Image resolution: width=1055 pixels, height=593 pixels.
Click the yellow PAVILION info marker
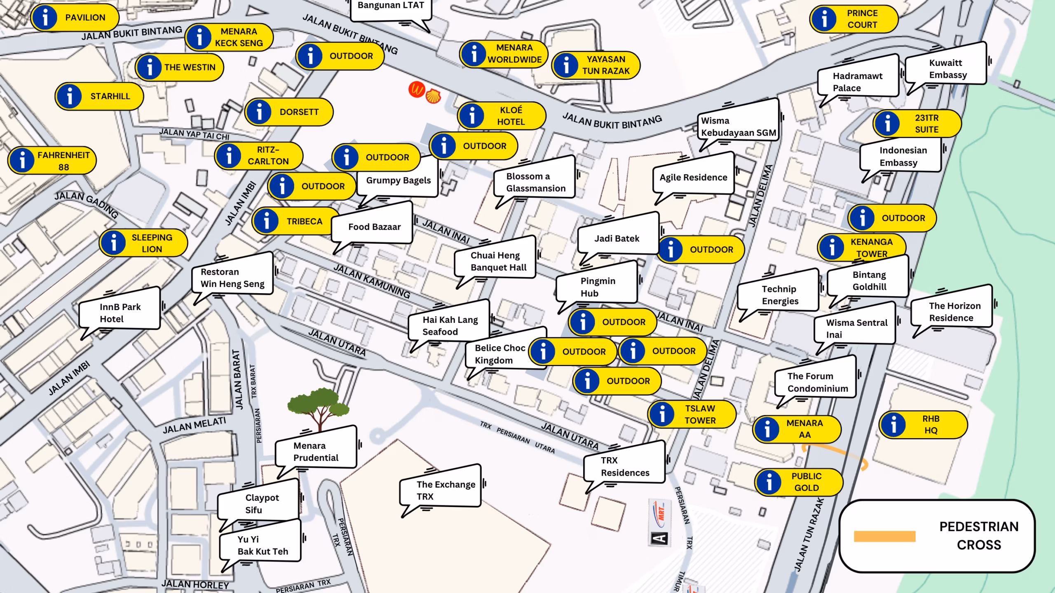(x=75, y=18)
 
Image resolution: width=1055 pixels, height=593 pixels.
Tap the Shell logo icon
(x=433, y=96)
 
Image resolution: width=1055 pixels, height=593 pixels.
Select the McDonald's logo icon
(x=416, y=89)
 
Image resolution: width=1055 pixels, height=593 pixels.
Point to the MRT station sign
(x=659, y=522)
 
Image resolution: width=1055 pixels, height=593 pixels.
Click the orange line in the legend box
(x=884, y=536)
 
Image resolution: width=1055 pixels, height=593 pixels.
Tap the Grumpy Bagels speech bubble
(x=398, y=180)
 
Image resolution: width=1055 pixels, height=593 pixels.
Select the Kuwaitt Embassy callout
(x=947, y=69)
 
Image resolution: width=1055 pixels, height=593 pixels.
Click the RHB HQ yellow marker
(x=923, y=425)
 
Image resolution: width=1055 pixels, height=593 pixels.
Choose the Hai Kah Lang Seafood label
(x=449, y=325)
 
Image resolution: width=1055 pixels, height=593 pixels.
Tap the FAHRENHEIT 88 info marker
(x=52, y=161)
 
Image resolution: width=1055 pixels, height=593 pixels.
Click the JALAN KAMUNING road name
(x=372, y=281)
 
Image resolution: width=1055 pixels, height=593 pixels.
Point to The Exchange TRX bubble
(x=441, y=490)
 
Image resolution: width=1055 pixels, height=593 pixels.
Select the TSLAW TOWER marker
(x=692, y=414)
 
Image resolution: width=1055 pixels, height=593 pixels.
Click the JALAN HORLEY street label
(x=195, y=584)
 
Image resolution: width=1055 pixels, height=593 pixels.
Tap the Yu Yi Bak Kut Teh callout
(x=262, y=545)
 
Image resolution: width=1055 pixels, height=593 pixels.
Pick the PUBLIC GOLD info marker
(x=799, y=482)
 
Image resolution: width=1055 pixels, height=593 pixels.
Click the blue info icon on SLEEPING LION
(x=113, y=243)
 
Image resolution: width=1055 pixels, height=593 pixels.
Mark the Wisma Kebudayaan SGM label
(x=738, y=126)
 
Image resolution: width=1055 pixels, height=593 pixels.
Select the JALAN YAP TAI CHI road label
(x=194, y=134)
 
